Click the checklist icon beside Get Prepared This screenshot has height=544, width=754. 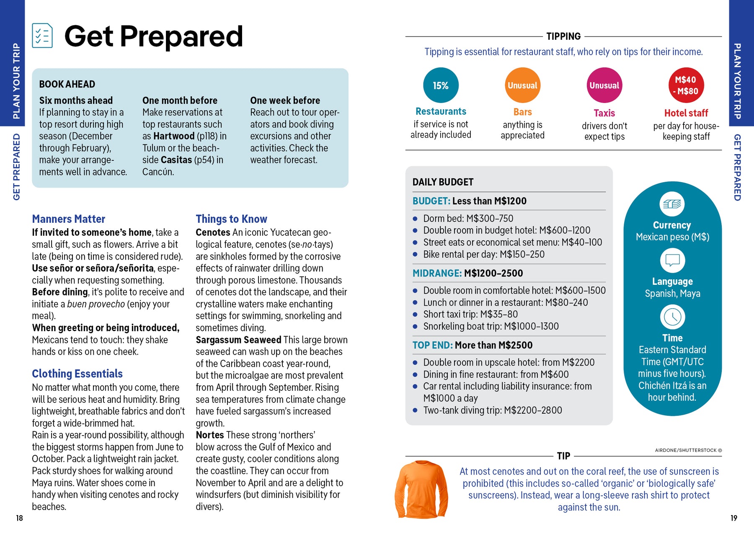(x=42, y=36)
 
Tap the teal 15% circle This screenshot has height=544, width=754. (x=441, y=85)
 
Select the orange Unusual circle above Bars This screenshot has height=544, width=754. (x=522, y=85)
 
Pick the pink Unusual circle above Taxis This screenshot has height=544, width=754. (x=604, y=85)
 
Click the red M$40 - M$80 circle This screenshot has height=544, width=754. (x=686, y=85)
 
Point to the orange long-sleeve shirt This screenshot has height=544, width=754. (x=421, y=489)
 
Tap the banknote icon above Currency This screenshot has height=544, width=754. (x=672, y=204)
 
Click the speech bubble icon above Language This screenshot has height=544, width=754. (x=672, y=260)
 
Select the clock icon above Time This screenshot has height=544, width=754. (x=672, y=317)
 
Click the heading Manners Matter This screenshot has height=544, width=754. (x=69, y=219)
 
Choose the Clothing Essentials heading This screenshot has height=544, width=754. (x=77, y=374)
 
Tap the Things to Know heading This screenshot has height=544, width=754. (x=231, y=219)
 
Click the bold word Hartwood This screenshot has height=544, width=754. (x=174, y=136)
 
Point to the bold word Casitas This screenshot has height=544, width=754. (x=176, y=160)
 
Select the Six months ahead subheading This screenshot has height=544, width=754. (x=76, y=101)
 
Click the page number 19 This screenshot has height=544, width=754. (x=733, y=518)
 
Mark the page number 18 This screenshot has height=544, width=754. (x=19, y=518)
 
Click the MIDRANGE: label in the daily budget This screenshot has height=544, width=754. (x=437, y=273)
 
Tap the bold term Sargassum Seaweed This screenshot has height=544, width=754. (x=238, y=340)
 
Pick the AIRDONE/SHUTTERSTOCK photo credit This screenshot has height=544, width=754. (x=688, y=450)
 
